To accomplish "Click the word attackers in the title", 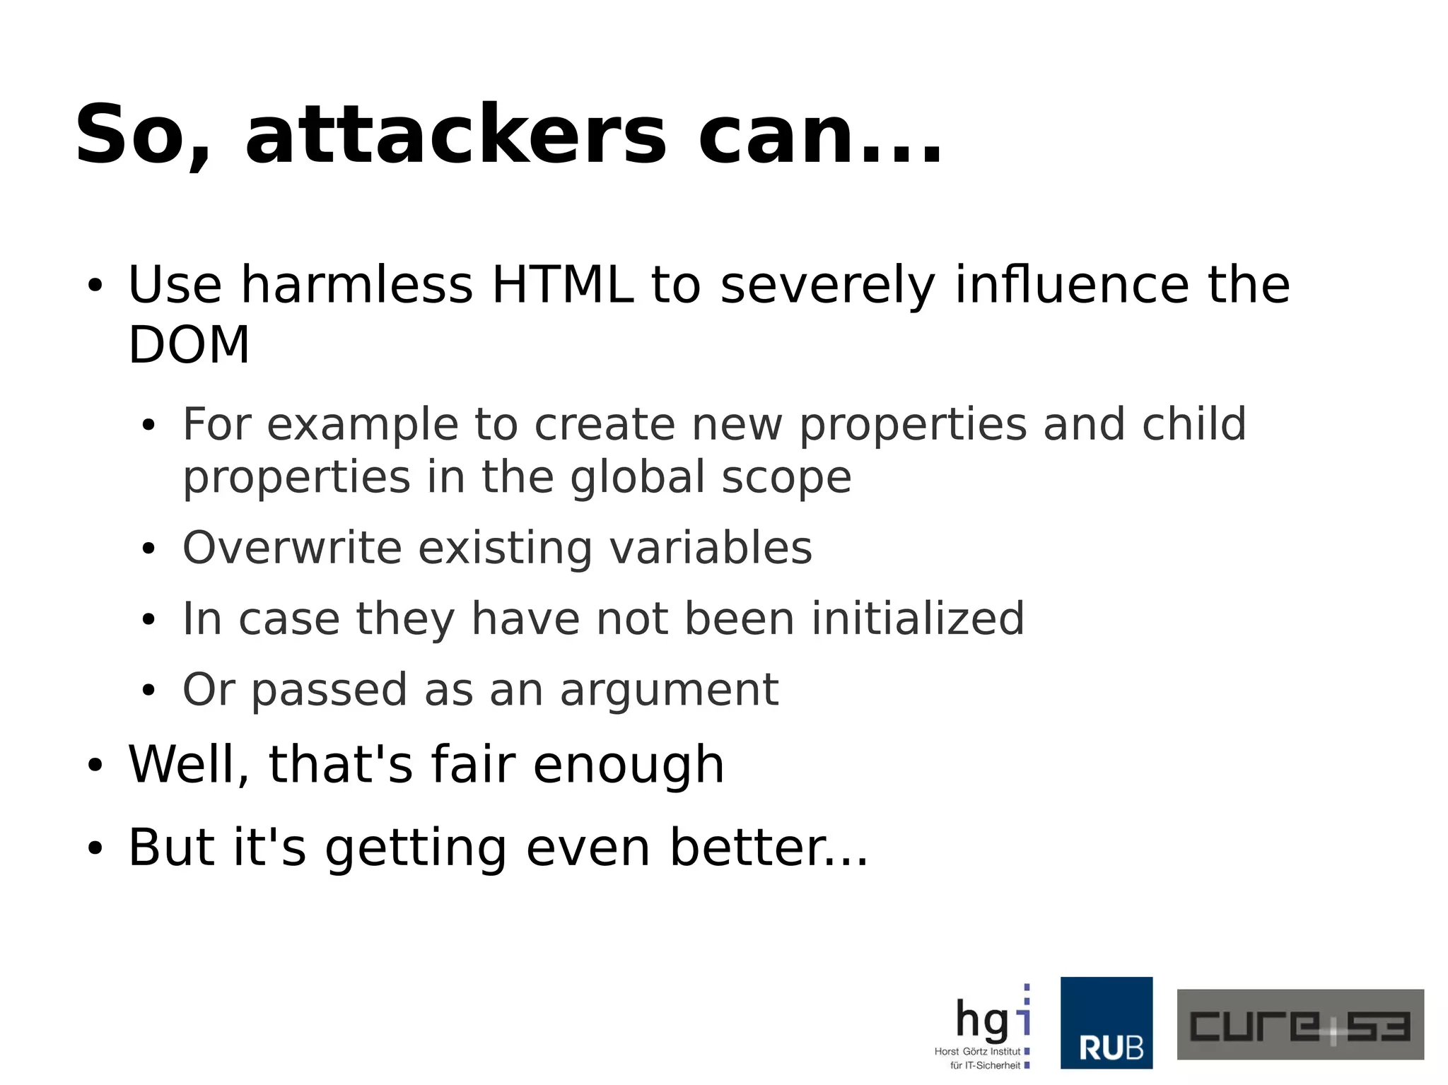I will (455, 134).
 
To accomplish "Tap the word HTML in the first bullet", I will (562, 285).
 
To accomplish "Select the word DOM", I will (189, 346).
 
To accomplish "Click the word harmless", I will (356, 285).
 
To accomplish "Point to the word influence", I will (1072, 285).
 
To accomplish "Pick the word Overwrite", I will (292, 548).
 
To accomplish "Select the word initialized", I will (918, 618).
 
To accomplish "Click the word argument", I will (669, 690).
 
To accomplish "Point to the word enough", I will (629, 765).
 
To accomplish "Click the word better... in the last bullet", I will (769, 847).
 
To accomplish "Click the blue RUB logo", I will (1106, 1023).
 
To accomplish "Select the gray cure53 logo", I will (1300, 1024).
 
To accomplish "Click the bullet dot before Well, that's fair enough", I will (95, 766).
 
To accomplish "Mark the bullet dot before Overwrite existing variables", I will (148, 549).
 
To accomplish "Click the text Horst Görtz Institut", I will (977, 1052).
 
